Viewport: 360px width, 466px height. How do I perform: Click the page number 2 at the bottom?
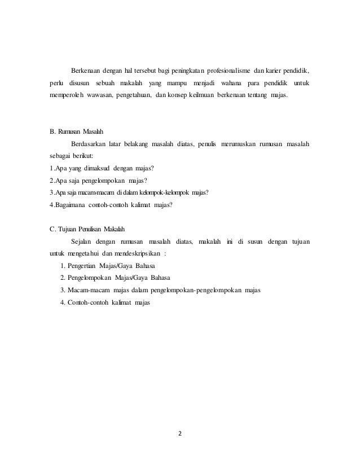(x=181, y=434)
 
